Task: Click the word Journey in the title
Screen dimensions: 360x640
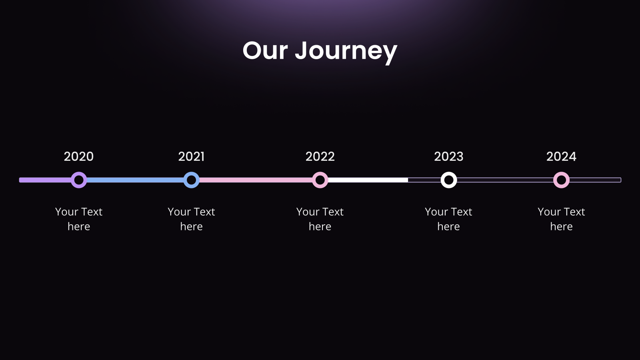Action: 346,51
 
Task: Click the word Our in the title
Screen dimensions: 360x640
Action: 265,51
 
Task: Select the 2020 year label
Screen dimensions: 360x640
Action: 79,156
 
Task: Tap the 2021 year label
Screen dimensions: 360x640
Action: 191,156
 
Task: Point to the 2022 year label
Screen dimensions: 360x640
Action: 320,156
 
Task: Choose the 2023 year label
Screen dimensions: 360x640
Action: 449,156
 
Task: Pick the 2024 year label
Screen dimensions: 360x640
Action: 561,156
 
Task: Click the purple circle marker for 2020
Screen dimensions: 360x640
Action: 79,180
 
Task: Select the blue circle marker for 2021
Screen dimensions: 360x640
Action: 192,180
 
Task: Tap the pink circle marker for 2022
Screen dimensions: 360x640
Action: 320,180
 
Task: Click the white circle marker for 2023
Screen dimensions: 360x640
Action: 449,180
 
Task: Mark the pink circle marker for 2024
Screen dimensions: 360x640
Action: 561,180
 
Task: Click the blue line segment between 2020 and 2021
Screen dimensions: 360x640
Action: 135,180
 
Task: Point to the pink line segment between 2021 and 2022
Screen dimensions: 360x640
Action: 256,180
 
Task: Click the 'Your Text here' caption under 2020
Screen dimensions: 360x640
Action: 79,219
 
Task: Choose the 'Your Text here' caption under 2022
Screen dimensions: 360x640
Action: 320,219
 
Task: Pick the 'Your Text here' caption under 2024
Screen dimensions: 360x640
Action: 561,219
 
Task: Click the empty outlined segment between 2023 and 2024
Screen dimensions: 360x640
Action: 505,180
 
